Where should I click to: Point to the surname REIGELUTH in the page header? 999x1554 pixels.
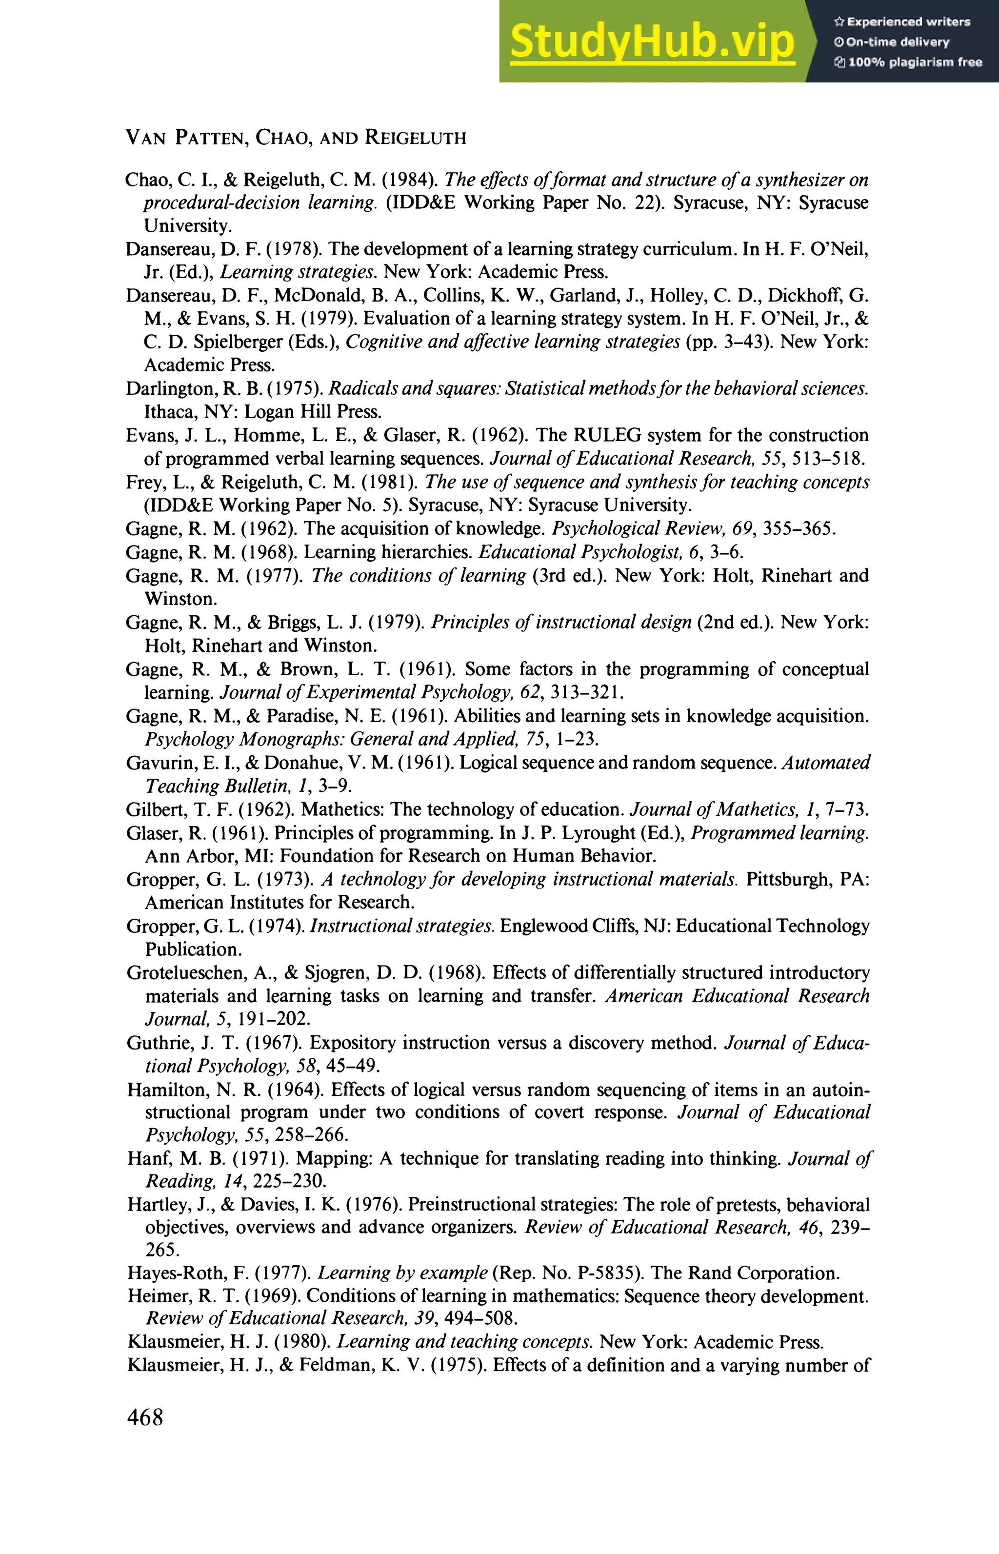pyautogui.click(x=415, y=138)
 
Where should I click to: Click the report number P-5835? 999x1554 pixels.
pyautogui.click(x=607, y=1273)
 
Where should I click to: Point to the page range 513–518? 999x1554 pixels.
pyautogui.click(x=828, y=459)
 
